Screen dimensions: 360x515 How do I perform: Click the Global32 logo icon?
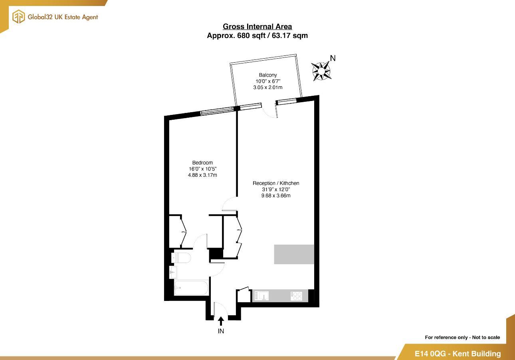point(18,17)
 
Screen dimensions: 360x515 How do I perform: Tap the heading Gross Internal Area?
point(257,27)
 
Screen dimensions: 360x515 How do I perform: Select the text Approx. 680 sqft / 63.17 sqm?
point(257,36)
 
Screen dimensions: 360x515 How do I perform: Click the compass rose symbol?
point(321,71)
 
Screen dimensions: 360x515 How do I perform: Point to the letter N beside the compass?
point(333,58)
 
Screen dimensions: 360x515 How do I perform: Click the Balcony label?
point(267,75)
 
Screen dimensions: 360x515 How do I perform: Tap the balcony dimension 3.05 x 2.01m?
point(267,87)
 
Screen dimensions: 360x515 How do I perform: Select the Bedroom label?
point(202,162)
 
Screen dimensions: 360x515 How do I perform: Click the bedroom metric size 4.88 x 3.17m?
point(202,175)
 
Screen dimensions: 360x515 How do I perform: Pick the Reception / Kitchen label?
point(275,183)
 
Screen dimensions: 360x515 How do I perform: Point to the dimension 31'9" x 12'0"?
point(275,190)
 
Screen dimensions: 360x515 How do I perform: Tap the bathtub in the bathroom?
point(191,287)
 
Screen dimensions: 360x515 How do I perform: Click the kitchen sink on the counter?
point(262,296)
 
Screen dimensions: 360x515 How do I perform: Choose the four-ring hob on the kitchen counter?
point(296,296)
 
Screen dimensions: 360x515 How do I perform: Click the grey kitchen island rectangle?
point(294,254)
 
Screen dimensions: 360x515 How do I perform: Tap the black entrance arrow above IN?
point(221,321)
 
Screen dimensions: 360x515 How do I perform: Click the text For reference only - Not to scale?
point(462,338)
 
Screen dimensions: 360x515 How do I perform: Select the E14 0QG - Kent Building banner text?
point(458,354)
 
